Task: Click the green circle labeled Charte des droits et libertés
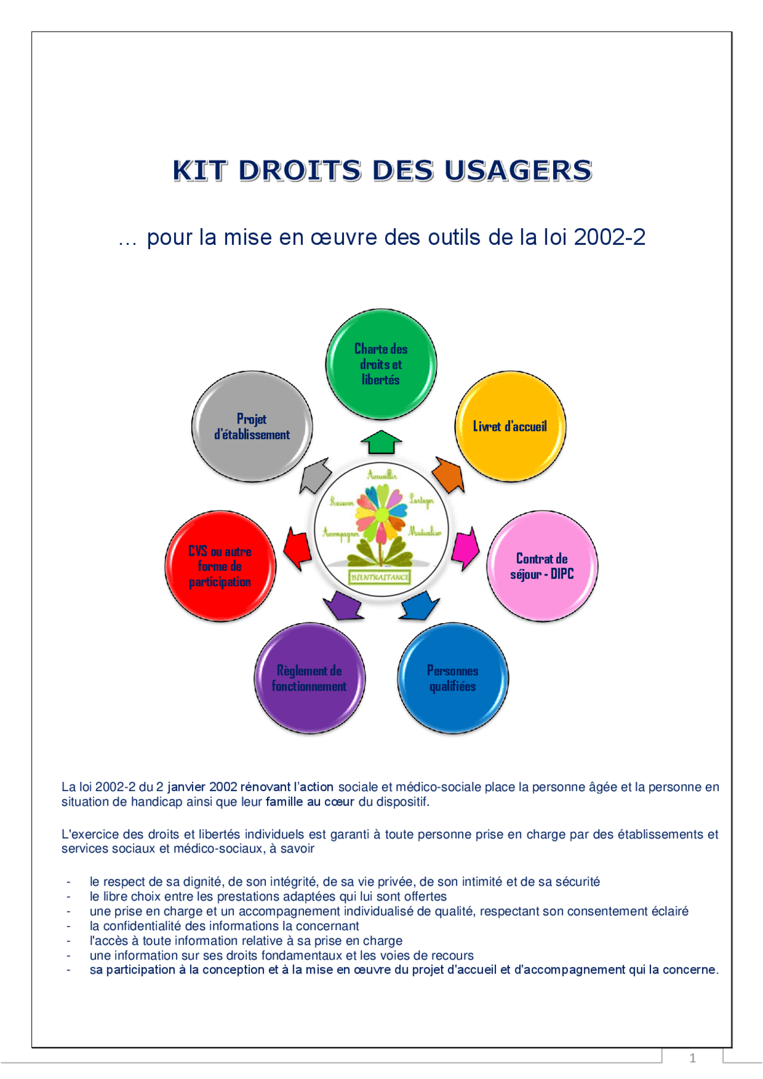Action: click(381, 364)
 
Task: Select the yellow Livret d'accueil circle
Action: click(510, 426)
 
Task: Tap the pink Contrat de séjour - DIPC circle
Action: click(542, 566)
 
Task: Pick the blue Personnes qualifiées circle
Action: click(452, 678)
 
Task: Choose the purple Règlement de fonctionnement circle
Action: click(309, 678)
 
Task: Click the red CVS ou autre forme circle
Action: click(220, 566)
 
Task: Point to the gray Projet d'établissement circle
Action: click(252, 426)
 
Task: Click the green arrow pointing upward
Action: click(381, 441)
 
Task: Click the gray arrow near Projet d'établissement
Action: click(315, 475)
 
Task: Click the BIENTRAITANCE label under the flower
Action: click(380, 577)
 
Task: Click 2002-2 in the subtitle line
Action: click(609, 238)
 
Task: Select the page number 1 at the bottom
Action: click(692, 1058)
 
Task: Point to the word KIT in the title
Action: click(200, 171)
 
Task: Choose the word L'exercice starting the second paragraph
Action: click(90, 834)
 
